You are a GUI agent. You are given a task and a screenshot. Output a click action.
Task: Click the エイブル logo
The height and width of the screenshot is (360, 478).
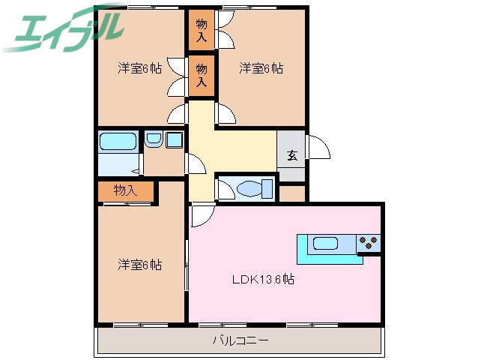(x=64, y=28)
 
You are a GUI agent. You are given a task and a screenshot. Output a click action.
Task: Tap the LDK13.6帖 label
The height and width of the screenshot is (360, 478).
(x=261, y=280)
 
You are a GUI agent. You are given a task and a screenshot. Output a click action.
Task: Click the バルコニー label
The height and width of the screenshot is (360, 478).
(x=240, y=340)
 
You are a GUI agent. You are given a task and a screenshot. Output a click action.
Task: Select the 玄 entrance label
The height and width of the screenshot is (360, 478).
(x=291, y=156)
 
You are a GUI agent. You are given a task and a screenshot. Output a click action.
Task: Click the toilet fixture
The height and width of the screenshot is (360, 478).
(x=246, y=187)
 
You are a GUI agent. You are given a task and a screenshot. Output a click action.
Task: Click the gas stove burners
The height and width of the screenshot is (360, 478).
(x=369, y=242)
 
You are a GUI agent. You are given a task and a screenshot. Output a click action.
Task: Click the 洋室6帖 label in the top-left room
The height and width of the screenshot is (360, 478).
(x=140, y=69)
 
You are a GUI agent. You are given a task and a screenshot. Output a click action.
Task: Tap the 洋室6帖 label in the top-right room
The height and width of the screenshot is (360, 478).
(x=261, y=69)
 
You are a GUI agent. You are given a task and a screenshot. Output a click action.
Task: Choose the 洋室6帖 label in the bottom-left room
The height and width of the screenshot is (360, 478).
(x=140, y=265)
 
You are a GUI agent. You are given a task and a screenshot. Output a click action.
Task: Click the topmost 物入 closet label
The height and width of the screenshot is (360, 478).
(x=202, y=30)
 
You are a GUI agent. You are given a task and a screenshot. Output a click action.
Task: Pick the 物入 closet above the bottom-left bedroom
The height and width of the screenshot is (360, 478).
(x=126, y=191)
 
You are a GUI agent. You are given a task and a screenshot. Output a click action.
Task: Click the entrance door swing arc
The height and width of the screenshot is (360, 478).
(x=318, y=146)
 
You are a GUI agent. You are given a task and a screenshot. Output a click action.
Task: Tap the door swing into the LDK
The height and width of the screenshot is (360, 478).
(x=201, y=215)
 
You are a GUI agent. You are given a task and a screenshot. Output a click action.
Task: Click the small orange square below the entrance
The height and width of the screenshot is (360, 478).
(x=293, y=193)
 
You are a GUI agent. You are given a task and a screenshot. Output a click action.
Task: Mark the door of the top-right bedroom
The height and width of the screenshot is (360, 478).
(x=226, y=113)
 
